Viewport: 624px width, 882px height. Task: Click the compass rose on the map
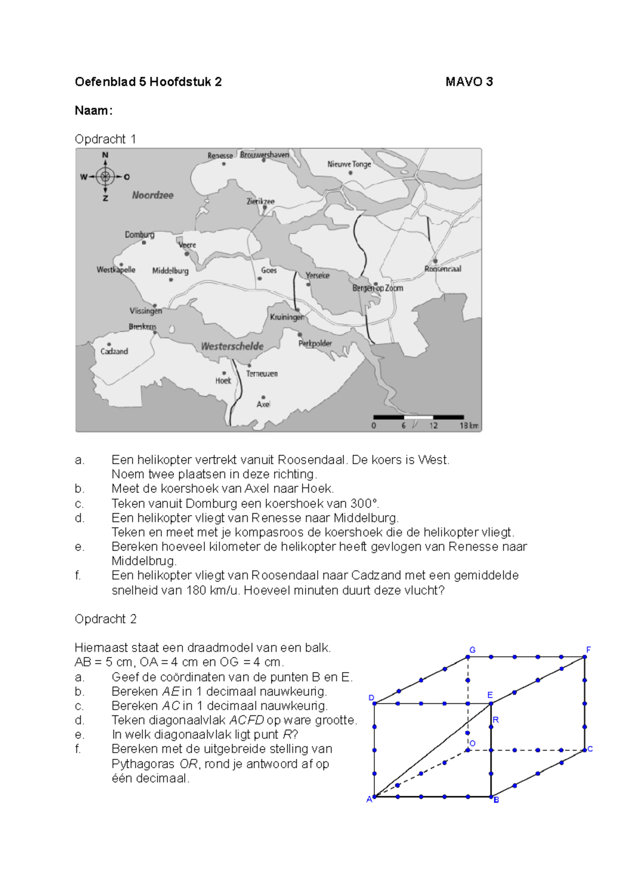click(x=105, y=177)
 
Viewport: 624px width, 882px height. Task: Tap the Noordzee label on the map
click(x=152, y=195)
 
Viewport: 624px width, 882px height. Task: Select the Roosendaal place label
click(x=443, y=269)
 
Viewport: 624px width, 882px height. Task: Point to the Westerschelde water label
click(x=232, y=346)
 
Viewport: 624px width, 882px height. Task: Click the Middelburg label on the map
click(x=170, y=271)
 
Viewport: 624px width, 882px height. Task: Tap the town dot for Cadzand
click(x=109, y=344)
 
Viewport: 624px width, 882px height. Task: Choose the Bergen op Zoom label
click(x=378, y=288)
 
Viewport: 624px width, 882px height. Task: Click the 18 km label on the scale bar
click(x=469, y=425)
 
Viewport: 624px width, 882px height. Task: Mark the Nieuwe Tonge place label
click(x=349, y=164)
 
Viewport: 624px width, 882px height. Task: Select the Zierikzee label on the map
click(x=260, y=201)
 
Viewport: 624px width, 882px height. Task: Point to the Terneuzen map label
click(x=262, y=373)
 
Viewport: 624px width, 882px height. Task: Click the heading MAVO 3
click(x=469, y=82)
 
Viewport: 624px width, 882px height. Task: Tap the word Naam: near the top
click(x=94, y=111)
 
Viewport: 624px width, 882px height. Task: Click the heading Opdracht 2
click(x=106, y=619)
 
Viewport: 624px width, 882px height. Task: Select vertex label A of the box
click(x=369, y=799)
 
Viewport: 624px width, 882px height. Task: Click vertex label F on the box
click(x=589, y=650)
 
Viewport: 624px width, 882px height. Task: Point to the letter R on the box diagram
click(x=496, y=720)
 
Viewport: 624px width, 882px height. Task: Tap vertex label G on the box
click(x=472, y=650)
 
